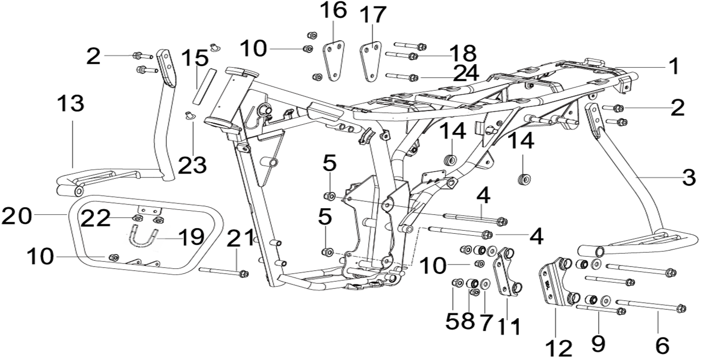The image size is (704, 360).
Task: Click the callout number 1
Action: point(673,66)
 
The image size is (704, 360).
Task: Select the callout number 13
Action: point(70,104)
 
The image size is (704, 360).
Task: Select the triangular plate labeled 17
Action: point(370,62)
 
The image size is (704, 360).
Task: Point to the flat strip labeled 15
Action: point(203,85)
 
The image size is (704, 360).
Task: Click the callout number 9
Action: point(598,343)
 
